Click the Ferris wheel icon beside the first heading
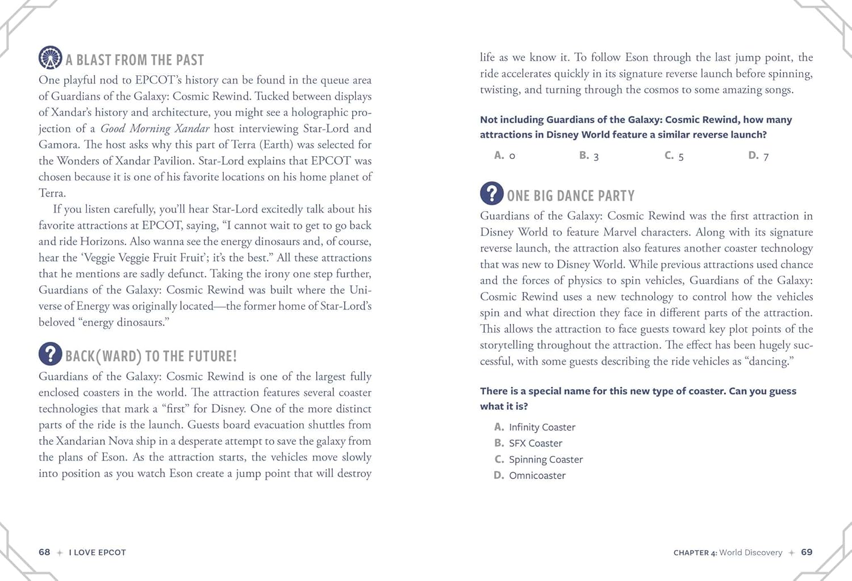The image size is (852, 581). pos(50,57)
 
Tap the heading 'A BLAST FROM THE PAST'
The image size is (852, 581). pos(135,60)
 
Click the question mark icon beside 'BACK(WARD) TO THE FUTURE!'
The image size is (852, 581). pos(50,354)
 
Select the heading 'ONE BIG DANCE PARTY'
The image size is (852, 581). pos(570,196)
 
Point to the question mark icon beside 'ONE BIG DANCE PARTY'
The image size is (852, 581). pos(492,193)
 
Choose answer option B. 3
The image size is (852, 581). pos(589,156)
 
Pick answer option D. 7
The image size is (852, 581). pos(758,156)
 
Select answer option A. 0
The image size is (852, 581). pos(504,156)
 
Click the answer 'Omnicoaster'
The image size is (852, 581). pos(537,475)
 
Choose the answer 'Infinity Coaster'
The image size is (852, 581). pos(542,427)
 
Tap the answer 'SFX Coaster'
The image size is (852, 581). pos(535,443)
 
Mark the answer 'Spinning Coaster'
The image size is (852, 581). pos(545,459)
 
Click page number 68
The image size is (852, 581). pos(44,552)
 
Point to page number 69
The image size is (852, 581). pos(807,552)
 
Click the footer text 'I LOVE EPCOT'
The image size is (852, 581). pos(97,553)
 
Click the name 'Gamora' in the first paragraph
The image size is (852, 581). pos(59,145)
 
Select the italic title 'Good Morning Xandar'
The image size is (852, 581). pos(155,128)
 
